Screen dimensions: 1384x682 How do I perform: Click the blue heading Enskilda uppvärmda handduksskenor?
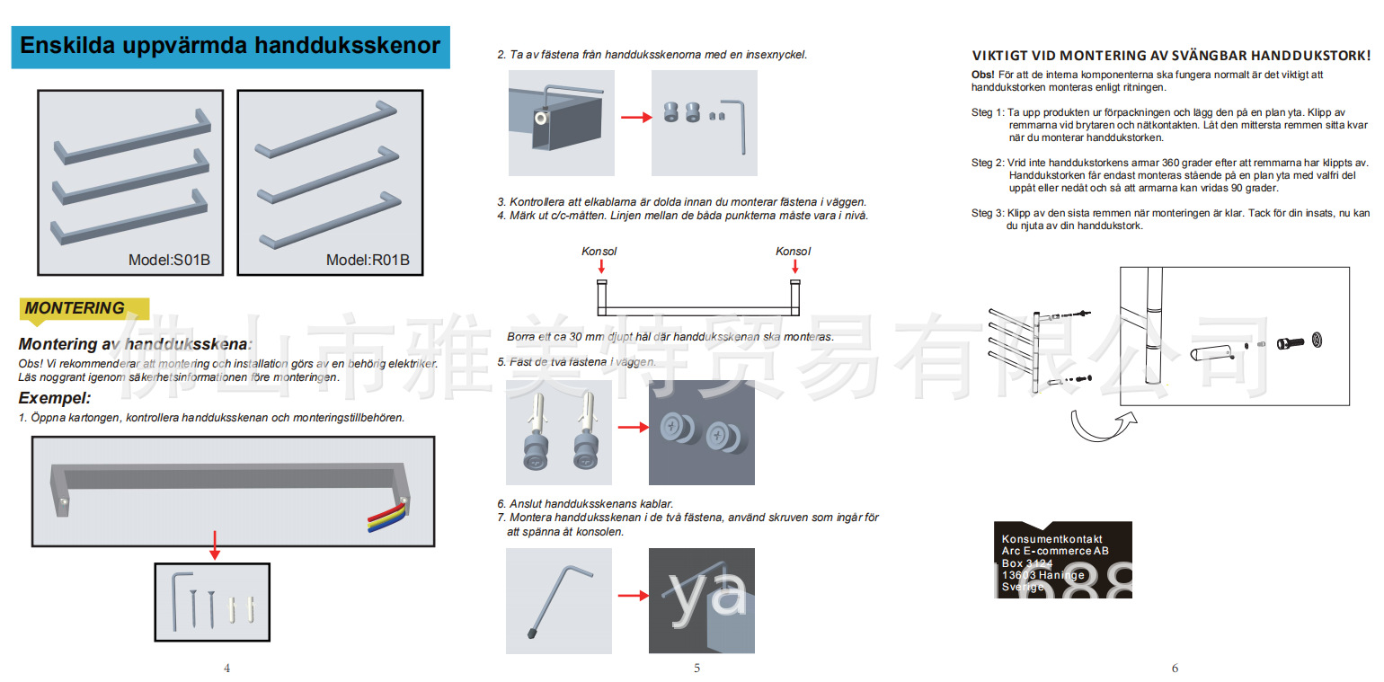230,46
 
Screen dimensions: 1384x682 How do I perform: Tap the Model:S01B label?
169,261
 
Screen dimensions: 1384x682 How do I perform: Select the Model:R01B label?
368,261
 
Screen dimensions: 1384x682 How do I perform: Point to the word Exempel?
55,397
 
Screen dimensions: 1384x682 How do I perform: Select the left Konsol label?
599,252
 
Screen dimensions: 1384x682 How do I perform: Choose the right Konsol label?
794,252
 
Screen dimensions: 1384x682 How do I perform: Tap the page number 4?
226,668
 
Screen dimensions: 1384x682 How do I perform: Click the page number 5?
696,668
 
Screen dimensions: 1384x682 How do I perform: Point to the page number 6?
1175,668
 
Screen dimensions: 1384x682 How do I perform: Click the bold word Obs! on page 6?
983,75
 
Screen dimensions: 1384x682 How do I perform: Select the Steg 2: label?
988,163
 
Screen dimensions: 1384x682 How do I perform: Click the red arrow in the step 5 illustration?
633,427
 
